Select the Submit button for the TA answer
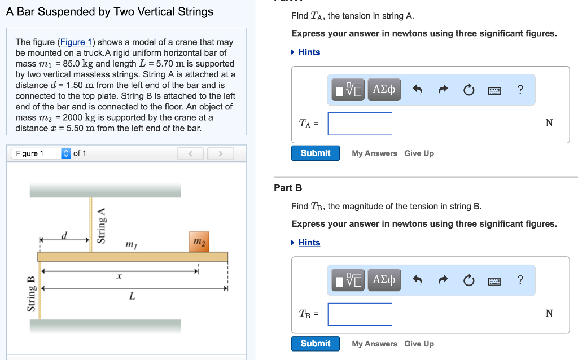tap(316, 153)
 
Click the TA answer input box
tap(360, 124)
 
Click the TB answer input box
tap(360, 314)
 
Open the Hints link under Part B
tap(309, 243)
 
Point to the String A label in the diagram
tap(102, 225)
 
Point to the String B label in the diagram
tap(32, 293)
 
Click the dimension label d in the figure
tap(64, 235)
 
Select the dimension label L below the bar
tap(132, 296)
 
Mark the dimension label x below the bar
tap(119, 276)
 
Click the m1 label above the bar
tap(130, 244)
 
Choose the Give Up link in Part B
tap(419, 344)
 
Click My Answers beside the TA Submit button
tap(374, 153)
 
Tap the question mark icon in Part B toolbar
tap(520, 280)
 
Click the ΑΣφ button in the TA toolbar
tap(384, 90)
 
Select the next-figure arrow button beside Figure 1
tap(220, 153)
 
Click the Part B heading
tap(288, 188)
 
